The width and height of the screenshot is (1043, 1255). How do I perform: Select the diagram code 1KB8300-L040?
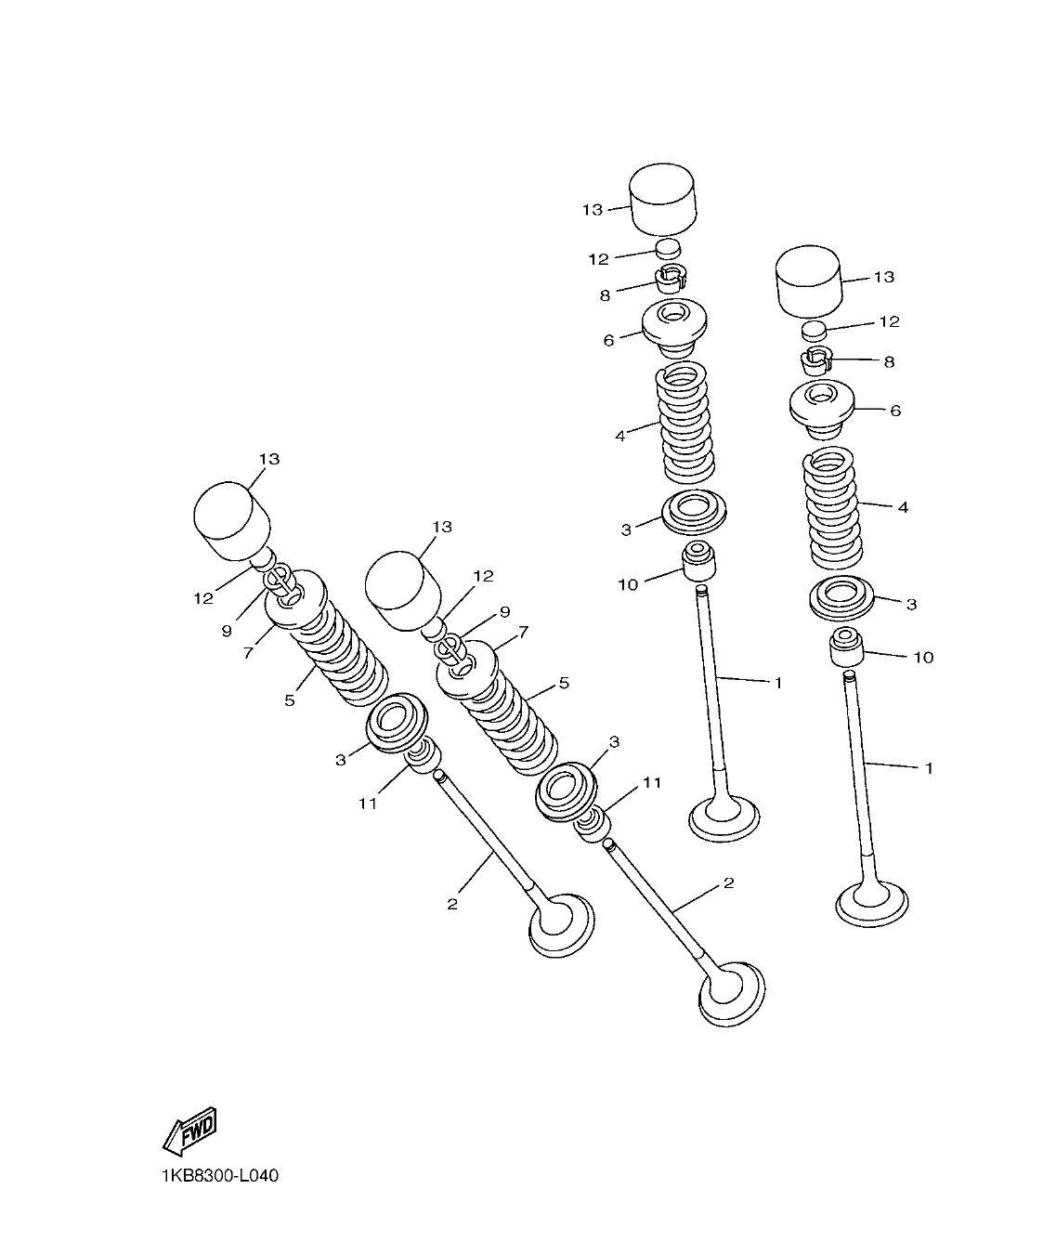point(218,1176)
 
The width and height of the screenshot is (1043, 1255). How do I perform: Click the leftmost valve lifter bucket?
point(230,521)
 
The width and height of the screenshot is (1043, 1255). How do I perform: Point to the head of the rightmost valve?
point(872,901)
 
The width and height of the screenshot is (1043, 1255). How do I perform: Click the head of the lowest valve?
point(731,992)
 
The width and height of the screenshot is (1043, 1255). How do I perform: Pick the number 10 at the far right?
point(923,657)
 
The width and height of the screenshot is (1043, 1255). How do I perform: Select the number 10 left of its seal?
point(628,583)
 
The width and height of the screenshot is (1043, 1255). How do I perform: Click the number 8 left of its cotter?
point(605,294)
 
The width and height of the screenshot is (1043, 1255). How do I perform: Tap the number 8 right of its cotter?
point(889,361)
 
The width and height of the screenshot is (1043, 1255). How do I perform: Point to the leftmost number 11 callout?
point(368,804)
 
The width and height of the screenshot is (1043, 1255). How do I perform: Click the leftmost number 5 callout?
point(290,700)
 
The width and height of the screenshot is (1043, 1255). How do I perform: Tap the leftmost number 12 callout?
point(203,598)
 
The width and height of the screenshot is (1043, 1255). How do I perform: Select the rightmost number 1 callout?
point(929,768)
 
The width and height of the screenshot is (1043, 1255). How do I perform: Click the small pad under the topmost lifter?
point(669,249)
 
